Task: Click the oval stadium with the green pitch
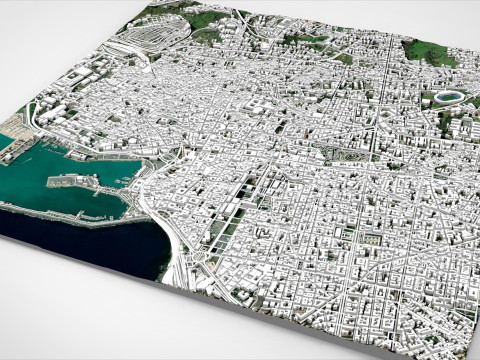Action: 446,99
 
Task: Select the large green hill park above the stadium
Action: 428,52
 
